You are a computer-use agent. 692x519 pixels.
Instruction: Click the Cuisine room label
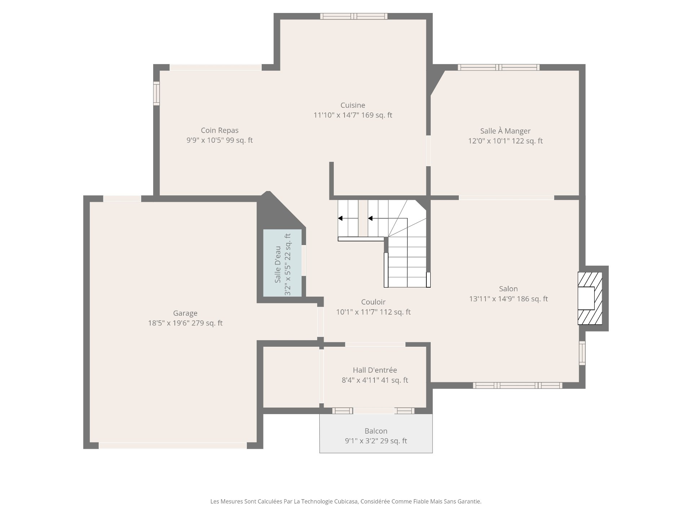point(353,105)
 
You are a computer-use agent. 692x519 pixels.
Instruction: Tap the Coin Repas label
point(219,130)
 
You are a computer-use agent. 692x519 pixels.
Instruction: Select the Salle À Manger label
point(505,131)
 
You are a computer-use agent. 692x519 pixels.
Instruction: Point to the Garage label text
point(185,313)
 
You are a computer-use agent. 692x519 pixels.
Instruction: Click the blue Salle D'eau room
point(282,263)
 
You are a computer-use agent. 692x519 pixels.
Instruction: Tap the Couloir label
point(373,302)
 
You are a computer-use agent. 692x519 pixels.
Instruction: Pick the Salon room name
point(508,289)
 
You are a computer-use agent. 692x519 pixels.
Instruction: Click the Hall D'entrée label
point(375,370)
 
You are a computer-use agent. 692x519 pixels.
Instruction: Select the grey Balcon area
point(376,433)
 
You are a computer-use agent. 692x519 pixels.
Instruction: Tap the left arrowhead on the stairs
point(340,218)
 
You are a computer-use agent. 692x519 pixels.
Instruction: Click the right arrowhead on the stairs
point(370,218)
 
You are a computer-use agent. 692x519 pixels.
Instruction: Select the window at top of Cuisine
point(354,16)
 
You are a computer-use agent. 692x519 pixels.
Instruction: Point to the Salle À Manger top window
point(499,67)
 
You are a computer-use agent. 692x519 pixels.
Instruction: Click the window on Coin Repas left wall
point(156,93)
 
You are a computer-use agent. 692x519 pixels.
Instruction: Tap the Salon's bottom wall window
point(518,386)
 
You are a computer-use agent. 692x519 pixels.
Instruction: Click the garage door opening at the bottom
point(173,445)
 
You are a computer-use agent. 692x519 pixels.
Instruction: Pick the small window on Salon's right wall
point(582,353)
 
